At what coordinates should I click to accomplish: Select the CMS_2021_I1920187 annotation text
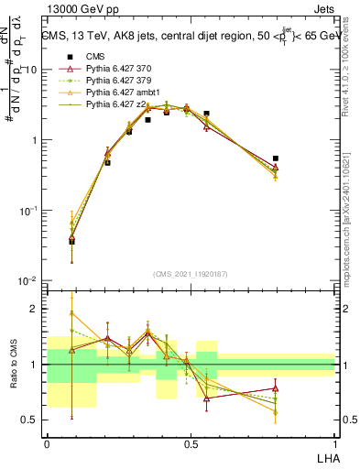tap(191, 272)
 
